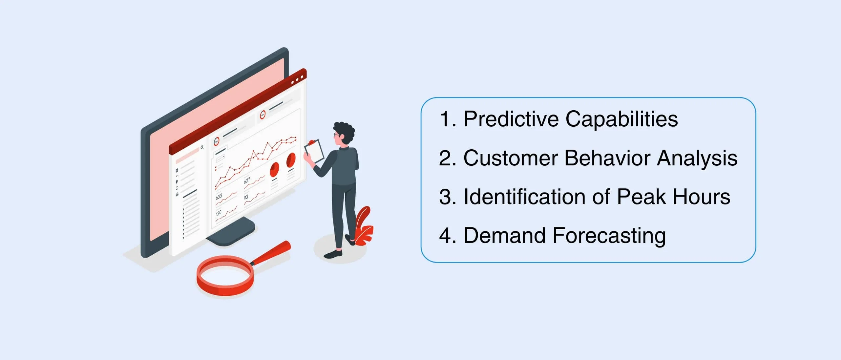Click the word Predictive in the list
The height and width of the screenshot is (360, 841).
tap(511, 119)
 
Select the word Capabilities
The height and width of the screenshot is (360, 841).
tap(621, 119)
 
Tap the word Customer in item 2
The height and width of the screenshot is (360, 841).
tap(511, 158)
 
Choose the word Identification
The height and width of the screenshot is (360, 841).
tap(524, 197)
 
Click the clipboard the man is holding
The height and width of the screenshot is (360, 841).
tap(314, 152)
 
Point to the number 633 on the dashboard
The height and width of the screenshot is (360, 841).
tap(219, 197)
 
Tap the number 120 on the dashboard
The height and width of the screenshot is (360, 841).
tap(219, 213)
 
